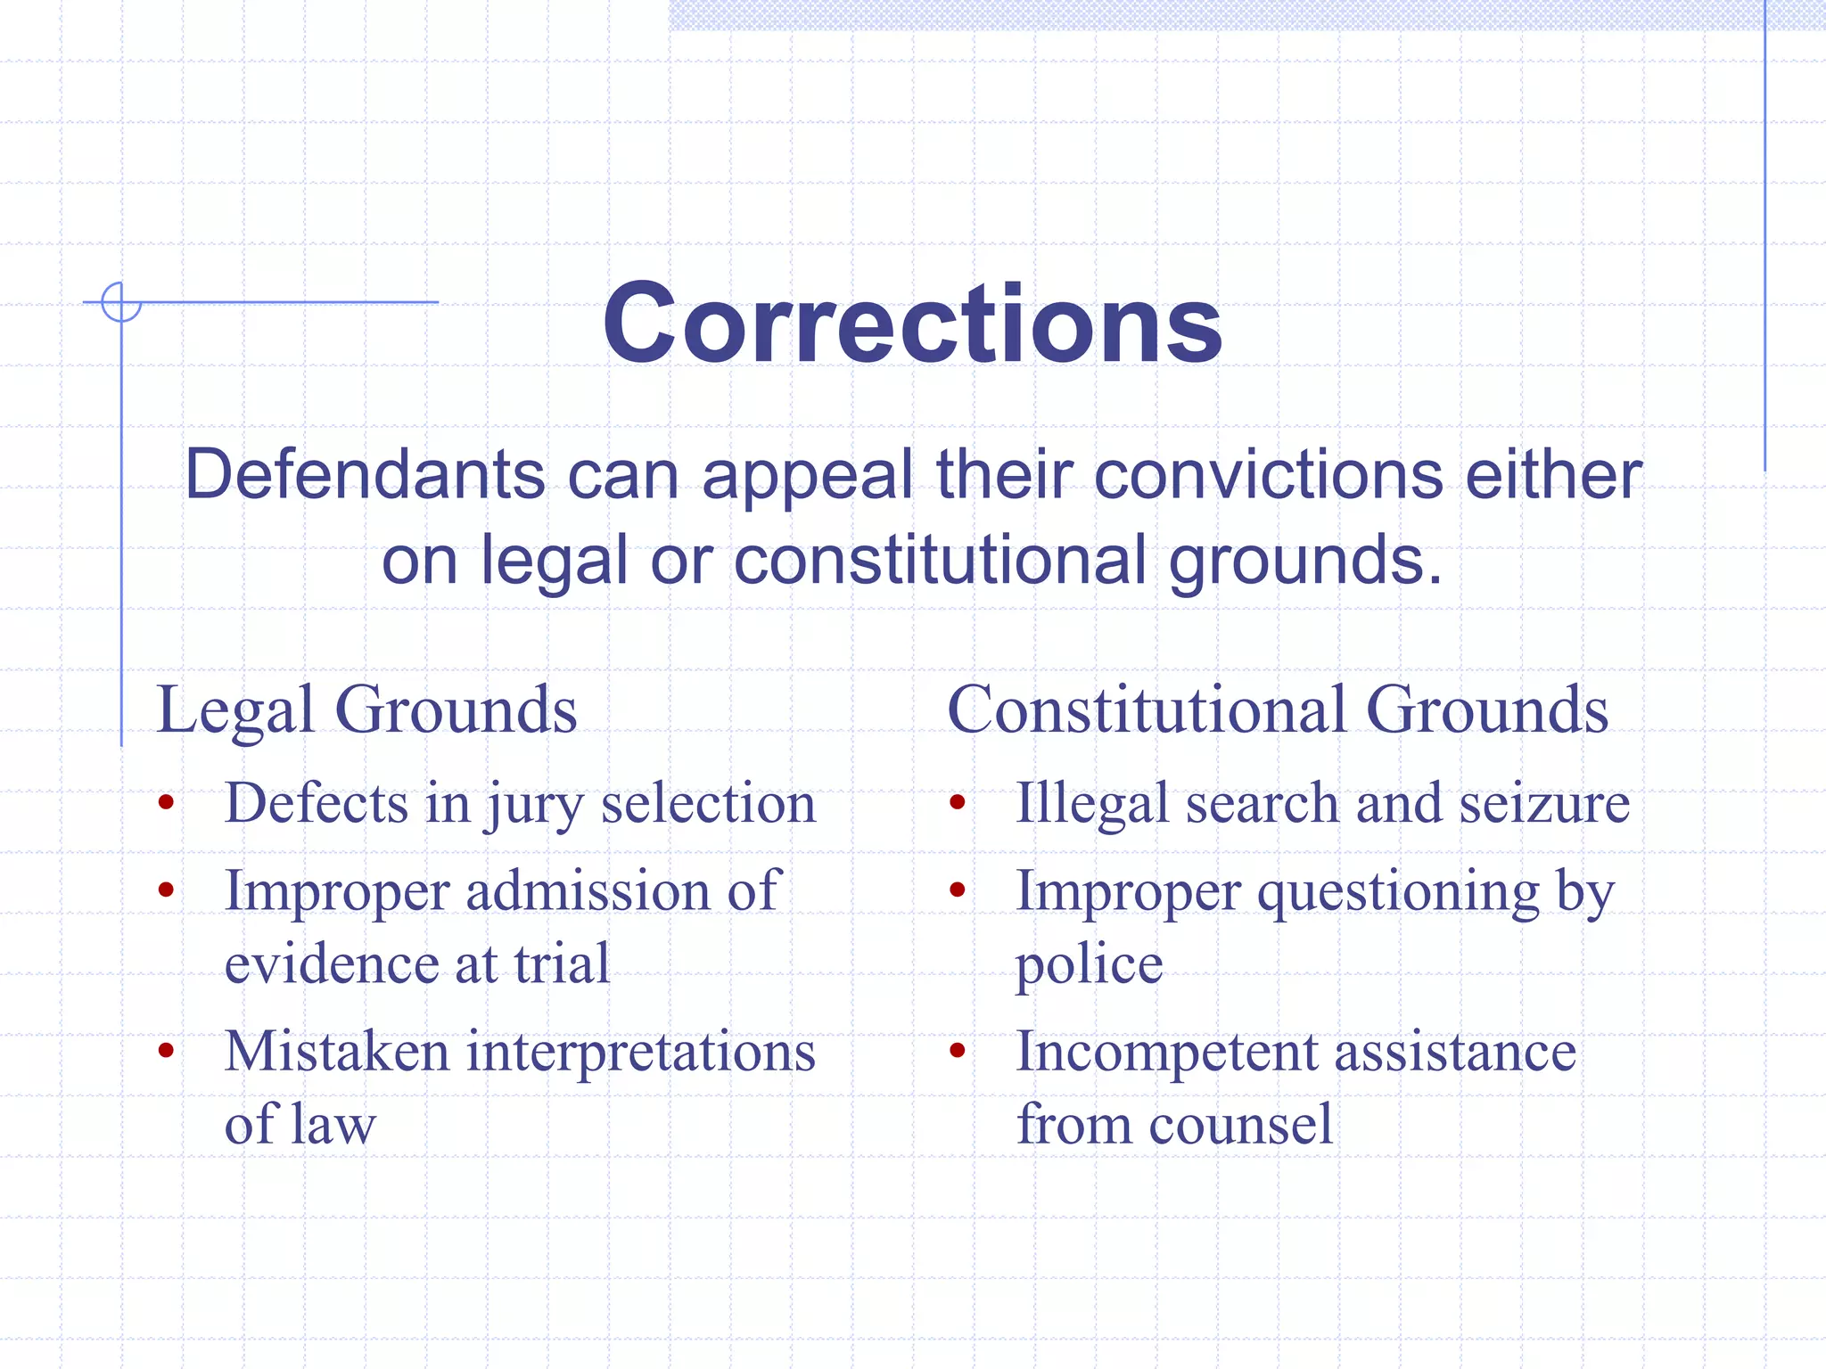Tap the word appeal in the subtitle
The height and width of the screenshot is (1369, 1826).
click(x=807, y=476)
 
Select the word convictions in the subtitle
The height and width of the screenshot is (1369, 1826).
click(x=1267, y=474)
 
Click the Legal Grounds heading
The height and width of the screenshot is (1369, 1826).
click(x=366, y=710)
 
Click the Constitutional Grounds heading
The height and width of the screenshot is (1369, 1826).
click(x=1277, y=710)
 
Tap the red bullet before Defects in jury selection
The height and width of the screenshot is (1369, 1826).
click(x=166, y=803)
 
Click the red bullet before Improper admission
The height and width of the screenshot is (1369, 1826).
click(x=166, y=889)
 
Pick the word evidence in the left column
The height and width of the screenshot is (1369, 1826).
click(x=331, y=963)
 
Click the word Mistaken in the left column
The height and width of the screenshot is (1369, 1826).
click(x=336, y=1051)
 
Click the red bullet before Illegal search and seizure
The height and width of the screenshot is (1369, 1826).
click(x=958, y=803)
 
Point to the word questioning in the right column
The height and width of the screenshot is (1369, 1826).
click(x=1398, y=892)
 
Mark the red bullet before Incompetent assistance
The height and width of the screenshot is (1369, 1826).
click(x=958, y=1051)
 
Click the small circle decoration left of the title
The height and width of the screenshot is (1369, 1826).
click(x=121, y=302)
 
